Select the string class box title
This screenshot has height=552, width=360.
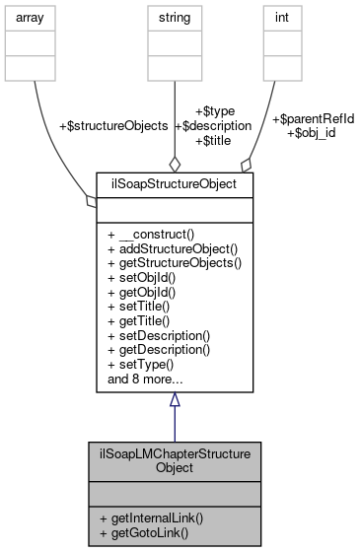coord(175,16)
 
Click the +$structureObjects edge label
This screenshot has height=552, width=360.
coord(113,126)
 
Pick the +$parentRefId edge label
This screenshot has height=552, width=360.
coord(313,119)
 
